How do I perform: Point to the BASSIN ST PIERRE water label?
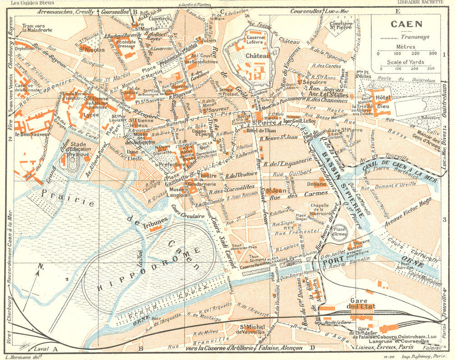(336, 177)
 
